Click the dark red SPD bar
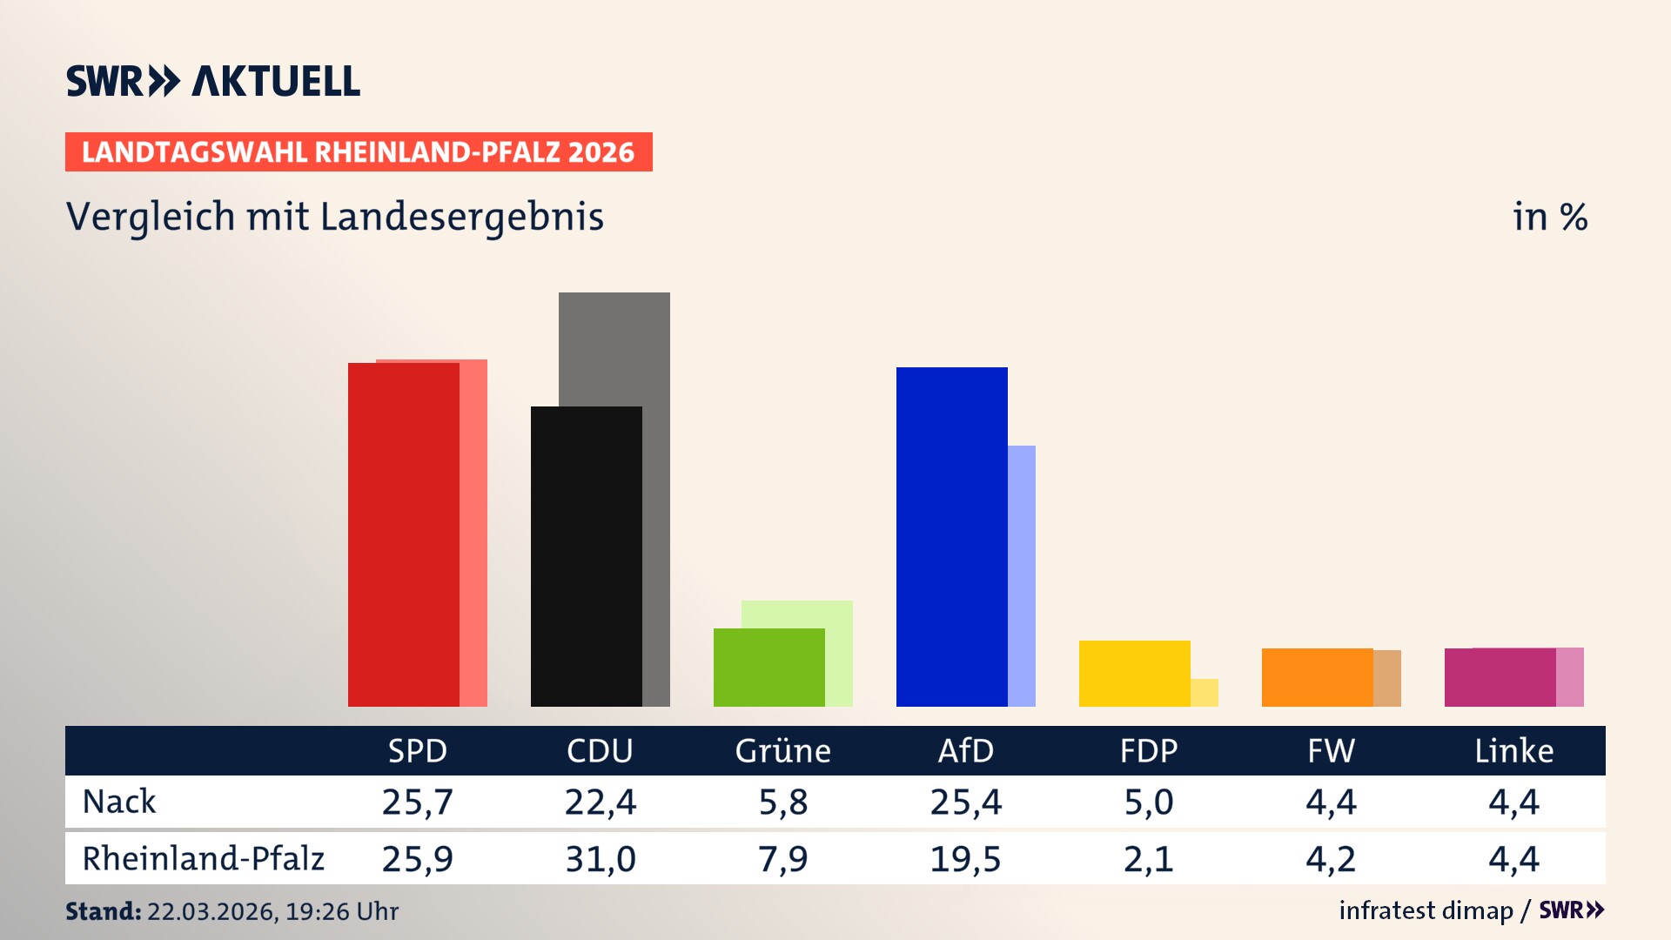point(404,534)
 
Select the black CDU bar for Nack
point(587,557)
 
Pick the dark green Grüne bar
point(769,668)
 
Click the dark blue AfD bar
point(952,537)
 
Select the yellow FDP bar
point(1135,674)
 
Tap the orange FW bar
point(1318,677)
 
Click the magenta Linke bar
point(1500,677)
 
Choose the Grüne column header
point(782,751)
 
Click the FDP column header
point(1148,751)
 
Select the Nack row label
point(119,802)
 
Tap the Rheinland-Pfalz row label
point(203,859)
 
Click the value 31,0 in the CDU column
point(601,859)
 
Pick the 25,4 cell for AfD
point(965,802)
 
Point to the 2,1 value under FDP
point(1148,859)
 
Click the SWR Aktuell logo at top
point(213,81)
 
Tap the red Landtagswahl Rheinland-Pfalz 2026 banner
point(359,152)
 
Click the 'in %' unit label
point(1550,218)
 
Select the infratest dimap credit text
point(1426,910)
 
